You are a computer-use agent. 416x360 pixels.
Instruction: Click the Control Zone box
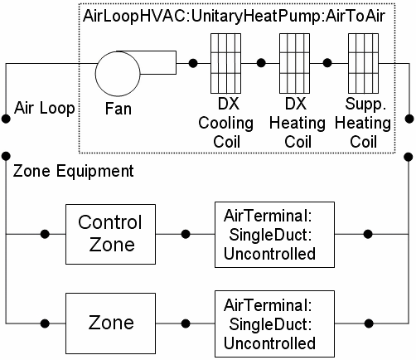(x=110, y=234)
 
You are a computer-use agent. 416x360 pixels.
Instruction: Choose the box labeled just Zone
(x=110, y=321)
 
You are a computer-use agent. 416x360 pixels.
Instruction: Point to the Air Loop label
(x=43, y=108)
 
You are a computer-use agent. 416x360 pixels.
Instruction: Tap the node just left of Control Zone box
(x=45, y=234)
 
